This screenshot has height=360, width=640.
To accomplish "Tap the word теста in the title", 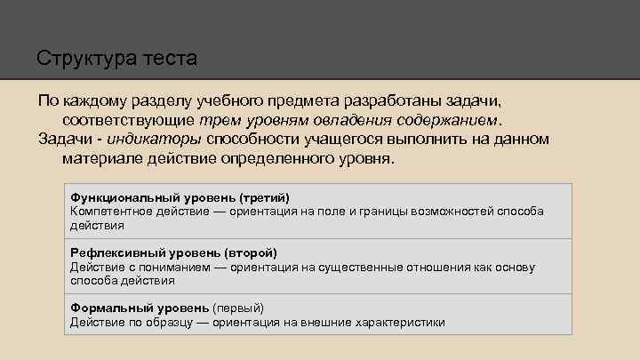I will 170,60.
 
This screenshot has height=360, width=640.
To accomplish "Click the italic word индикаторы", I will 159,139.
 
